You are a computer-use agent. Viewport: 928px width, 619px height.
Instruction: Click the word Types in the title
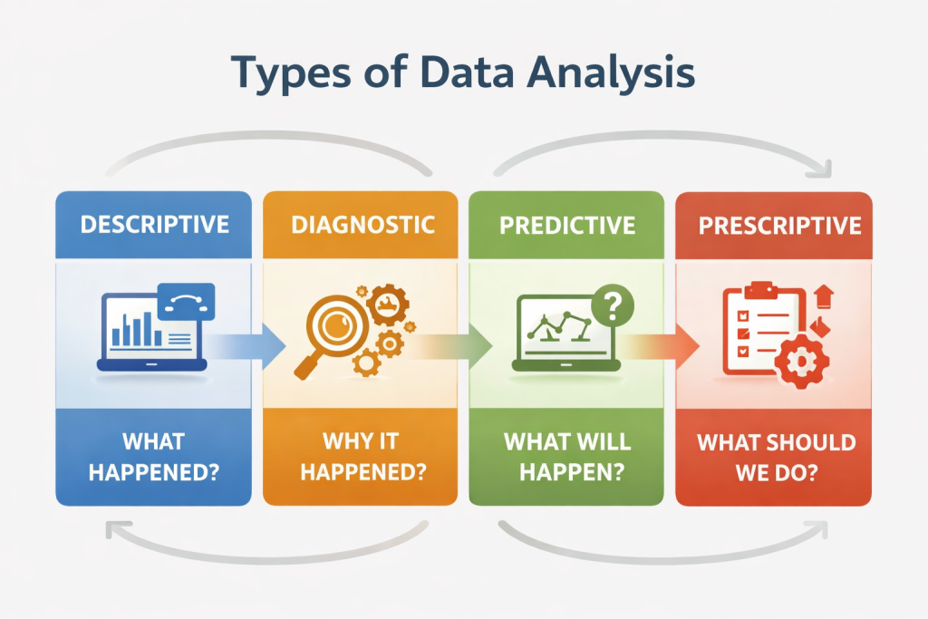pos(291,73)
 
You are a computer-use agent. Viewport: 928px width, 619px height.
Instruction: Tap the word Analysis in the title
pos(610,73)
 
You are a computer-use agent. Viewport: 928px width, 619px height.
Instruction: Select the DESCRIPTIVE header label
pos(154,225)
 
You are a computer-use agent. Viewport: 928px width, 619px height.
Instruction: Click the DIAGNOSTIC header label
pos(362,225)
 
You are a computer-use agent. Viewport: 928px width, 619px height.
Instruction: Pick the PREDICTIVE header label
pos(567,226)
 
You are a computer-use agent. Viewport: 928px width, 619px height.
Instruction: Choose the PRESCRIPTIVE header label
pos(779,226)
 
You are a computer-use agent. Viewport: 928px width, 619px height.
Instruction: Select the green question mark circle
pos(613,305)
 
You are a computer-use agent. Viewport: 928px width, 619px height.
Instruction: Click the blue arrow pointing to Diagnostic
pos(245,345)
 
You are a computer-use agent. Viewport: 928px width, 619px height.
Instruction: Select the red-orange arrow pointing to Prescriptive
pos(660,346)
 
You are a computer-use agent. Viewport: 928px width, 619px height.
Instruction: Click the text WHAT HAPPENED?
pos(154,457)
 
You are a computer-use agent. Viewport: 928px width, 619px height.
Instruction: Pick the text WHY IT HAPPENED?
pos(362,456)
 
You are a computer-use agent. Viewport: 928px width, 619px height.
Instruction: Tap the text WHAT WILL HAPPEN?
pos(567,457)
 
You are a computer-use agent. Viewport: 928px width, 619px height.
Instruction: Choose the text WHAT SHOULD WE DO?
pos(776,458)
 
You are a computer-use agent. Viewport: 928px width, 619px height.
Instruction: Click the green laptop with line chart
pos(565,333)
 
